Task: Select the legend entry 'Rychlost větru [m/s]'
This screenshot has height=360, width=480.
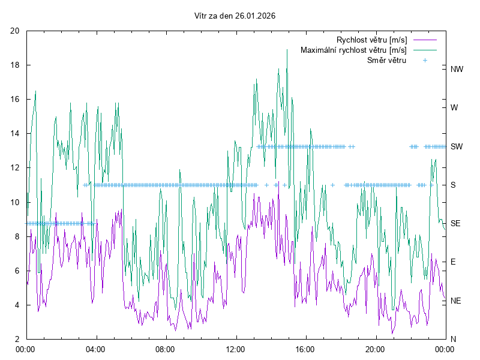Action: pyautogui.click(x=371, y=40)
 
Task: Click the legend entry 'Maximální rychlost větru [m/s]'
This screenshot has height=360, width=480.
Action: pyautogui.click(x=353, y=50)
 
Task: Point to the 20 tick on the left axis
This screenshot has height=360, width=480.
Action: pyautogui.click(x=16, y=31)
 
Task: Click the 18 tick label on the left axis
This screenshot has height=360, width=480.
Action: pyautogui.click(x=16, y=65)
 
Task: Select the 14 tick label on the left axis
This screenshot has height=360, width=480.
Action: pyautogui.click(x=16, y=134)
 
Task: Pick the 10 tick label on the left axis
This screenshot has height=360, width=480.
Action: pyautogui.click(x=16, y=202)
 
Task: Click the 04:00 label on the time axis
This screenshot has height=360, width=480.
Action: pyautogui.click(x=95, y=349)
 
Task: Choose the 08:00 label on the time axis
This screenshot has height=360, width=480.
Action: pyautogui.click(x=165, y=349)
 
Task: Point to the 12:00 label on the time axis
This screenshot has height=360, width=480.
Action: pyautogui.click(x=235, y=349)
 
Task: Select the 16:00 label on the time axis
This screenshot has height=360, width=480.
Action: pyautogui.click(x=305, y=349)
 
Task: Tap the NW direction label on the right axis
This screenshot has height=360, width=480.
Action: pyautogui.click(x=457, y=69)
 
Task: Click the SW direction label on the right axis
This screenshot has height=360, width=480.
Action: pyautogui.click(x=457, y=146)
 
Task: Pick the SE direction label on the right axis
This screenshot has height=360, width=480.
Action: pyautogui.click(x=455, y=223)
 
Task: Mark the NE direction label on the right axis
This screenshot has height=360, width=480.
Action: pyautogui.click(x=455, y=301)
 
